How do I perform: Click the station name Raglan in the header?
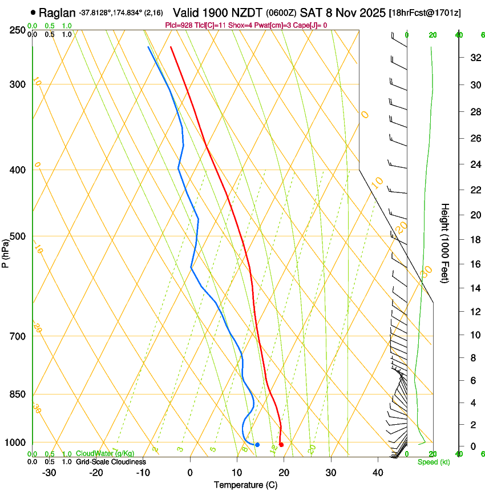pyautogui.click(x=56, y=12)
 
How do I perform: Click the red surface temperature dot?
pyautogui.click(x=281, y=445)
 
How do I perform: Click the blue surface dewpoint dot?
pyautogui.click(x=257, y=445)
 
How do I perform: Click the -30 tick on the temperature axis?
pyautogui.click(x=49, y=473)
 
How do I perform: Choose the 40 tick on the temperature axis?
pyautogui.click(x=378, y=473)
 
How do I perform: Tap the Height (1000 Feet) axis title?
pyautogui.click(x=445, y=243)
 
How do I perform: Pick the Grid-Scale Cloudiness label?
pyautogui.click(x=111, y=462)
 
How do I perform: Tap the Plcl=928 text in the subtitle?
pyautogui.click(x=178, y=25)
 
